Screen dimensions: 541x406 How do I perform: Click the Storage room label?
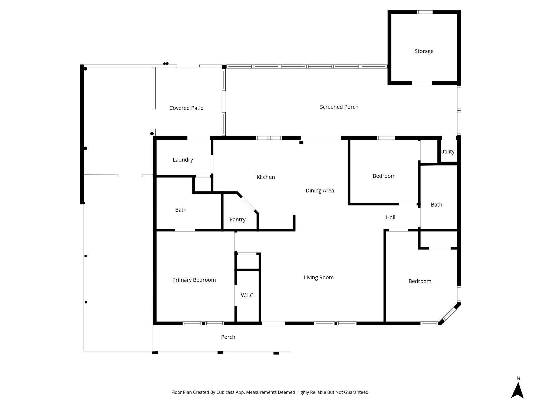(424, 51)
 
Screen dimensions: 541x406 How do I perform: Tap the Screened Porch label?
(339, 107)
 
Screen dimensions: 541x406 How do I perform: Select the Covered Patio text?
(186, 108)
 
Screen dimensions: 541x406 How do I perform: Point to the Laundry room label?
(183, 160)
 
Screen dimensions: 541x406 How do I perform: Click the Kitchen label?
(266, 177)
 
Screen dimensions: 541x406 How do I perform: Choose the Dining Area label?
(320, 191)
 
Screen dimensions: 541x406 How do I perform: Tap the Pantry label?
(237, 220)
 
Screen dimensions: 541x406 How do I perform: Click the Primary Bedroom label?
(194, 280)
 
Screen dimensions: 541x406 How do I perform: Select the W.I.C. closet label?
(248, 295)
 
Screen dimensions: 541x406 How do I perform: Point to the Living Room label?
(319, 277)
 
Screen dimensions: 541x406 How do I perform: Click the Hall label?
(391, 217)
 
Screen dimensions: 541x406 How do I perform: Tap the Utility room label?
(447, 152)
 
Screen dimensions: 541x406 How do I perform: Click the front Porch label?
(228, 337)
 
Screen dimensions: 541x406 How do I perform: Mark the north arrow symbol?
(517, 390)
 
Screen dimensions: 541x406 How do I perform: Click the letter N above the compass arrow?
(518, 378)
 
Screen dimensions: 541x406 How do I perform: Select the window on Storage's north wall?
(424, 12)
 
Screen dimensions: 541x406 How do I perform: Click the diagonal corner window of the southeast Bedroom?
(449, 314)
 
